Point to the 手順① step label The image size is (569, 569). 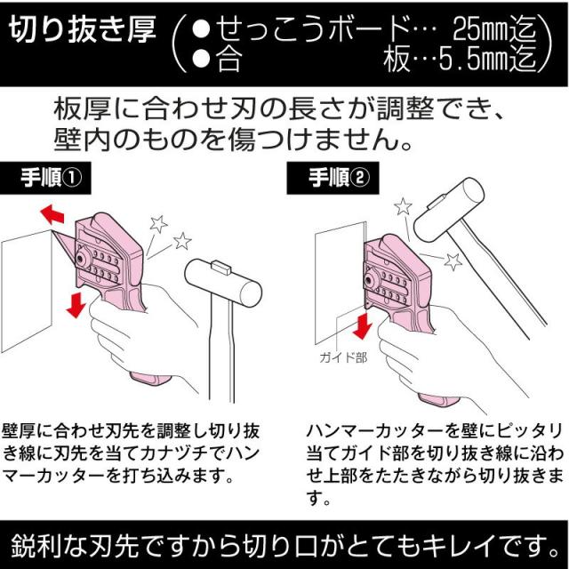click(50, 176)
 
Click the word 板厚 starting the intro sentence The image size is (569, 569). click(75, 112)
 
